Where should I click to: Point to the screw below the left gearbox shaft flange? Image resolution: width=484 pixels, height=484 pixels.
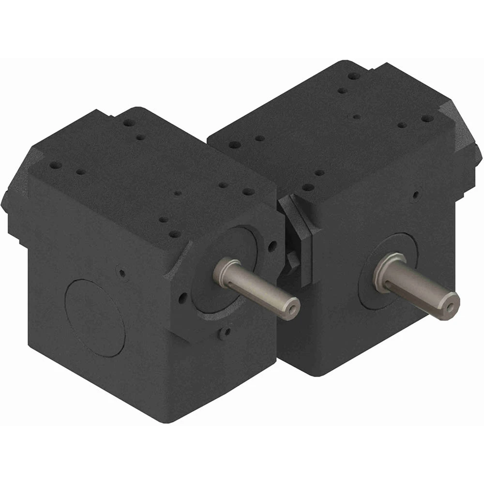(224, 333)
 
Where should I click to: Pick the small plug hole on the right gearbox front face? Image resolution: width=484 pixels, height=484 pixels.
(415, 196)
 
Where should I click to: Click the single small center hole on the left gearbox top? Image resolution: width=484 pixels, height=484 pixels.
(178, 193)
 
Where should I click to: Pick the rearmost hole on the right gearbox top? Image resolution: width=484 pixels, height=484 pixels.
(354, 76)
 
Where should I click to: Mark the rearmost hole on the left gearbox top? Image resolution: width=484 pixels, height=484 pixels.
(128, 123)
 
